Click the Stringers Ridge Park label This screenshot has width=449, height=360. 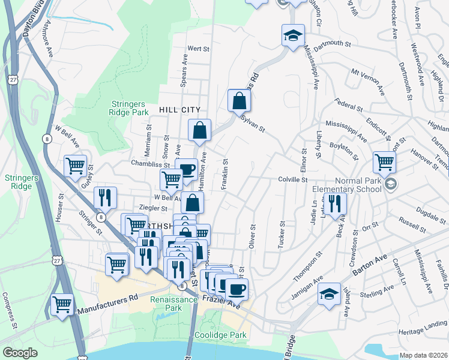point(129,108)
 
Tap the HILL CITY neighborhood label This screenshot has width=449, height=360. point(179,110)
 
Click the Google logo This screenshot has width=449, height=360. point(20,353)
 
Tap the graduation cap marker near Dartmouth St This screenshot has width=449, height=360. point(293,35)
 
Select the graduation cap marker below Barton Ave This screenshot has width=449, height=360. point(328,294)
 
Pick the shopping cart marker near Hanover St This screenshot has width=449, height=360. point(384,161)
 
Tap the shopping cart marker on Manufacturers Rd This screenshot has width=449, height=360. point(62,304)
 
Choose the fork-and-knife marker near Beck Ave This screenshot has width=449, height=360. point(335,203)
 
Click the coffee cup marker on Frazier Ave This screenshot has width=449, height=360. point(237,289)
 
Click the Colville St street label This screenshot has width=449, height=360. point(292,179)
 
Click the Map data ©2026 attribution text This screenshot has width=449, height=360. point(423,355)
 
